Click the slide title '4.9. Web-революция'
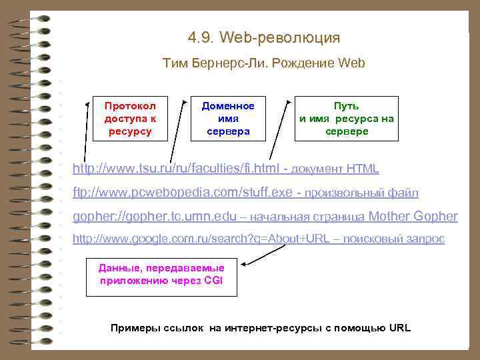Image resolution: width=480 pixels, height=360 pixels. tap(264, 37)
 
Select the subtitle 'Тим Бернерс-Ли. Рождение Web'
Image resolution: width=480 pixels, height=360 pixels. tap(264, 64)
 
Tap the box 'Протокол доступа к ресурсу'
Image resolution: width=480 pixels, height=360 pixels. tap(130, 119)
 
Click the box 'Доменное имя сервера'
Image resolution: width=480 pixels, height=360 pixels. tap(228, 119)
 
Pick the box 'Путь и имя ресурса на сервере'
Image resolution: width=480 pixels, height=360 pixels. tap(347, 119)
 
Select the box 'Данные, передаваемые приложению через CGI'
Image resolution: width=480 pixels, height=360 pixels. tap(161, 275)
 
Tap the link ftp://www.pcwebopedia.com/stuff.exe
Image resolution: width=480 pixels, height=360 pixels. tap(183, 193)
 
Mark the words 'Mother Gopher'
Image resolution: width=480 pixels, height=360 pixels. tap(413, 217)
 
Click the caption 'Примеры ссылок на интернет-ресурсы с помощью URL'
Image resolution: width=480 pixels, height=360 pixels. tap(261, 328)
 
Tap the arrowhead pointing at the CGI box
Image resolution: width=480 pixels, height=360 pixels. tap(244, 265)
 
